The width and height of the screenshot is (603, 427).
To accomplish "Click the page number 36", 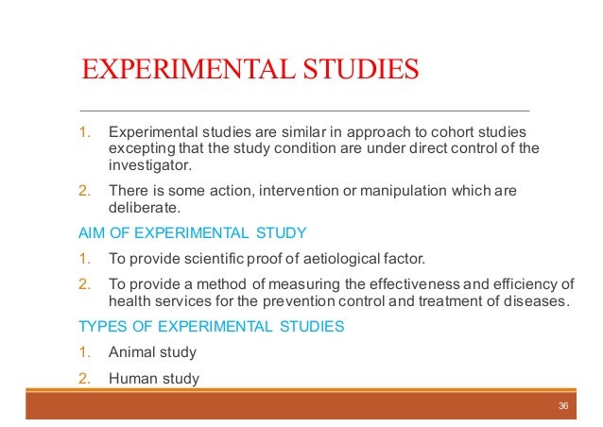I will click(563, 405).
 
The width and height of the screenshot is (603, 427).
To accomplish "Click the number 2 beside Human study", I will click(83, 379).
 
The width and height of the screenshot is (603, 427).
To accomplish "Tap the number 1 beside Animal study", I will click(83, 352).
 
